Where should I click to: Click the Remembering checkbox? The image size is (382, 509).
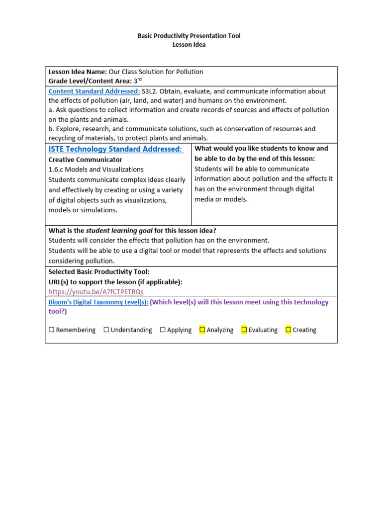(51, 330)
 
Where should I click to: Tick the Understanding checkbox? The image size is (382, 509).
(106, 330)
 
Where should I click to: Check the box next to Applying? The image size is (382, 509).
(163, 330)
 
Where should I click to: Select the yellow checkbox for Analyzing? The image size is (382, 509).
(202, 330)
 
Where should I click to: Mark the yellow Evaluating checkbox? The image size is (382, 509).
(244, 330)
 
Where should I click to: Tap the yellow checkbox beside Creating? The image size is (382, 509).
(288, 330)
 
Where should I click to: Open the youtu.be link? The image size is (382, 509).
(95, 292)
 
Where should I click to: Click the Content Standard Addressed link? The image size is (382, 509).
(94, 91)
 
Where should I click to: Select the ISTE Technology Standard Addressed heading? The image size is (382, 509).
(116, 149)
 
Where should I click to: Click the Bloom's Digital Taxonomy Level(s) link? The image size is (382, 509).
(97, 302)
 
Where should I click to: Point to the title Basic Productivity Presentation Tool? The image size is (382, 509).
(189, 36)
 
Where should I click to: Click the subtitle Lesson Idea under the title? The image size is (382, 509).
(189, 45)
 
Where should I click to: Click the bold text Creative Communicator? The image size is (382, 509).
(85, 160)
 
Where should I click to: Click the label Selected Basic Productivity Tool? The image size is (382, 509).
(98, 272)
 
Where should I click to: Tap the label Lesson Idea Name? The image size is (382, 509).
(78, 72)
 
